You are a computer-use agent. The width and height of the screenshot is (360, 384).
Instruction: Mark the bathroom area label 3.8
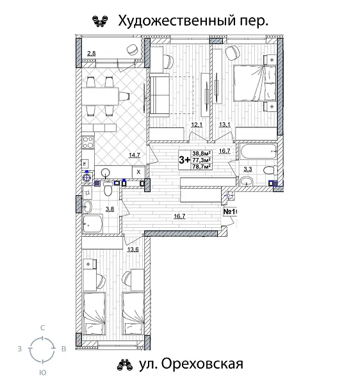click(110, 209)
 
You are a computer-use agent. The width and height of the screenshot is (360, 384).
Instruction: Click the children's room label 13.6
click(133, 249)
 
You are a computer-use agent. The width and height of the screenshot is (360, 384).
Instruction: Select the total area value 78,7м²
click(202, 168)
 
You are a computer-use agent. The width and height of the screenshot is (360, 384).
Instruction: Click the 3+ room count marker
click(184, 160)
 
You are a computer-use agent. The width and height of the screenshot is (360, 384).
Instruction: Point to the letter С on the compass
click(42, 327)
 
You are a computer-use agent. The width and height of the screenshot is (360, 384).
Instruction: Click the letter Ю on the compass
click(42, 371)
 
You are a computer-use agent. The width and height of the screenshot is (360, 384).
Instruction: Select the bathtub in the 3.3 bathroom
click(258, 153)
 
